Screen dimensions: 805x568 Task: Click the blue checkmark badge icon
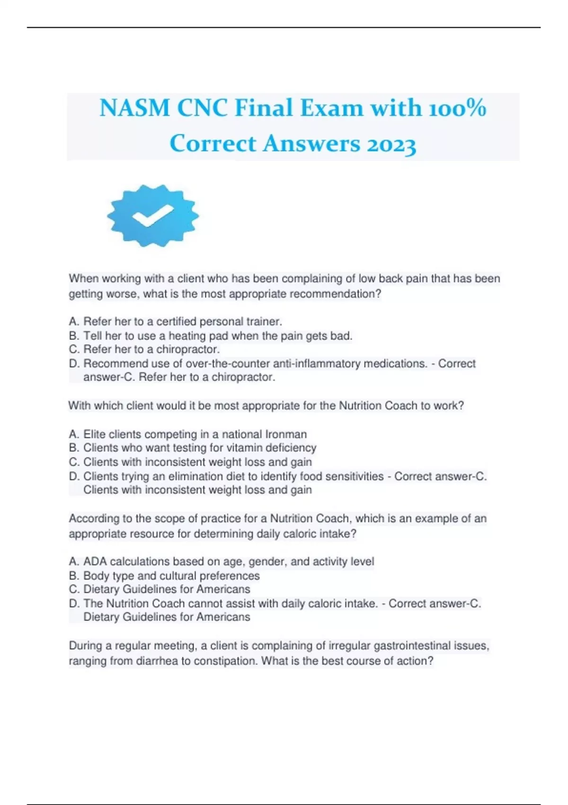pos(153,216)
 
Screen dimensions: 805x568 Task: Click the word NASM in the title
pos(134,108)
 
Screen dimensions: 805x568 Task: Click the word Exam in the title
pos(331,108)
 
